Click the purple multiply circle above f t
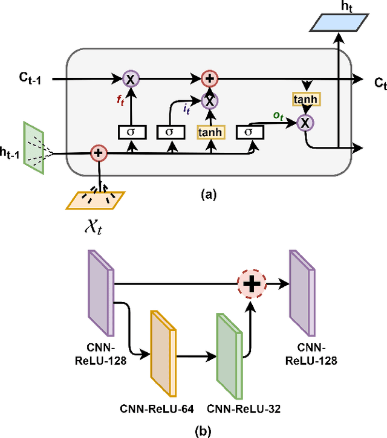131,78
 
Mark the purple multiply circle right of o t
307,123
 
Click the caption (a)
207,195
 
